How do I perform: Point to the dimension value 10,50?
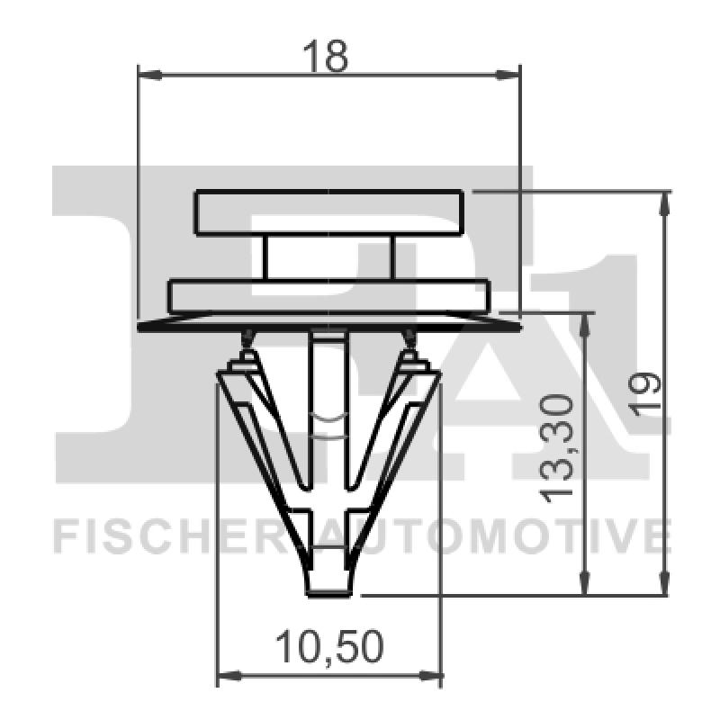point(329,646)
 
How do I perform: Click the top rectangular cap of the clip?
point(329,212)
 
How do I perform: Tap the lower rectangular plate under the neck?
point(329,296)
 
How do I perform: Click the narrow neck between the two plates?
point(329,258)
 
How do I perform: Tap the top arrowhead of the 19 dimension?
point(665,203)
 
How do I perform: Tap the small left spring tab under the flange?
point(245,340)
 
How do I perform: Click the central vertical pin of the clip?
point(328,405)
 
